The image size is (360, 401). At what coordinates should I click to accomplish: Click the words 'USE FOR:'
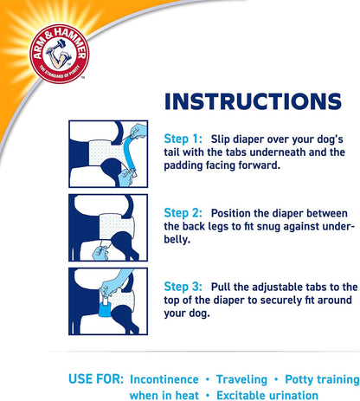tap(96, 379)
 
